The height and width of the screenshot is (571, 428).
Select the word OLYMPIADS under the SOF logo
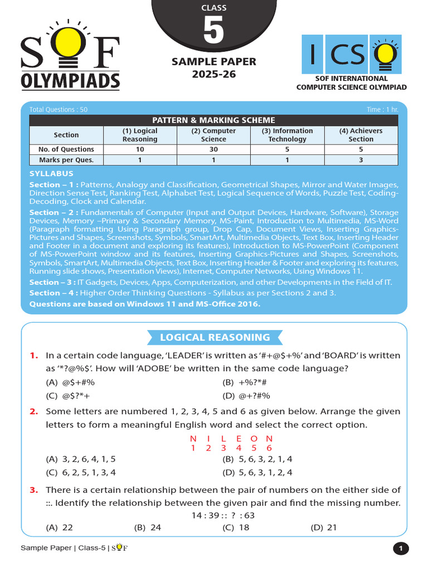tap(70, 81)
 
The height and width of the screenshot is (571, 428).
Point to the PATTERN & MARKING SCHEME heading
tap(214, 120)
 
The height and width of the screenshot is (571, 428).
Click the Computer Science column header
tap(213, 135)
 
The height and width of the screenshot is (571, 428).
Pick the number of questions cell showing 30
tap(213, 149)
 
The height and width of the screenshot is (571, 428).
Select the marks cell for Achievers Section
tap(361, 160)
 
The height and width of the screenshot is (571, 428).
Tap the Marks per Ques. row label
tap(66, 160)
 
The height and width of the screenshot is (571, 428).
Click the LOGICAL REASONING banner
tap(215, 337)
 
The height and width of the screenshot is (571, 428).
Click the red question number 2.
tap(34, 412)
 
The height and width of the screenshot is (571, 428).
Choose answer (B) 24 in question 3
tap(148, 527)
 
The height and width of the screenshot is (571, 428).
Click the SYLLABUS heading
tap(51, 174)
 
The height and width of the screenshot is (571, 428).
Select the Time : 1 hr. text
tap(382, 109)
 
